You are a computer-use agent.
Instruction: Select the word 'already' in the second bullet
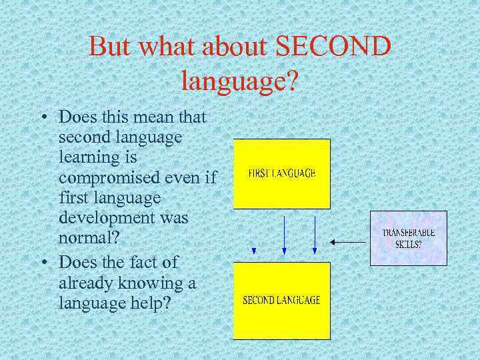(87, 283)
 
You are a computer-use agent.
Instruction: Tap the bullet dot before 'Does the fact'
(43, 263)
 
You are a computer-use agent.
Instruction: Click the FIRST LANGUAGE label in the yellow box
(281, 173)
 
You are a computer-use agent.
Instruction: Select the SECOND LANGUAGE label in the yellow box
(281, 300)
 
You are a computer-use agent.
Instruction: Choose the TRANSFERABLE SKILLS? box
(408, 238)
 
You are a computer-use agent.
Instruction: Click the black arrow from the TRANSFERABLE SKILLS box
(350, 242)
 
